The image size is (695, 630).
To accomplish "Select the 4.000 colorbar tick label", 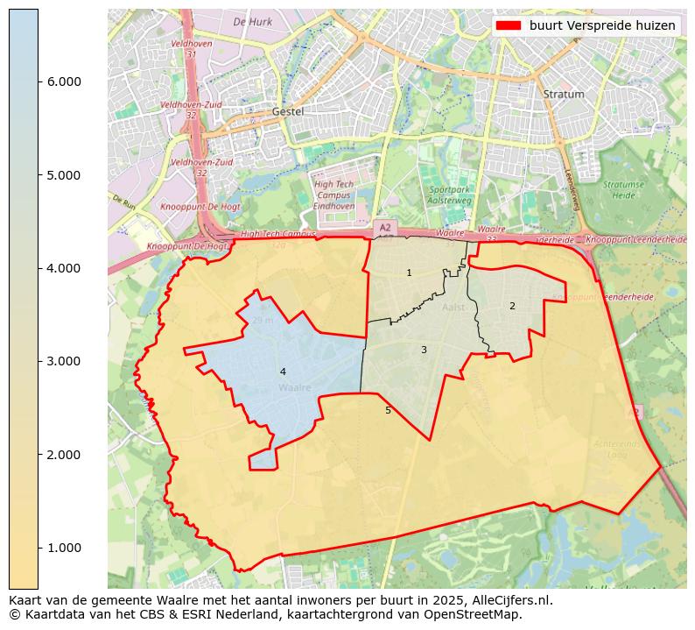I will pos(63,268).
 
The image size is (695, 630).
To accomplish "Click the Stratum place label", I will pos(563,94).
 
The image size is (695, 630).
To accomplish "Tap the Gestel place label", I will pos(288,111).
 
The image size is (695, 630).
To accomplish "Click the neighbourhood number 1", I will pos(409,273).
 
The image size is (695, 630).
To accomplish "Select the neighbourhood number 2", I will pos(512,306).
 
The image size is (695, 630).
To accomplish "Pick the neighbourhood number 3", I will pos(424,350).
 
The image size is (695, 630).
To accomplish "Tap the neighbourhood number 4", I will pos(283,372).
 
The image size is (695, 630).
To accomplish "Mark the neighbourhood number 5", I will pos(388,410).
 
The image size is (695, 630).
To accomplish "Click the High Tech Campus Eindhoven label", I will pos(333,194).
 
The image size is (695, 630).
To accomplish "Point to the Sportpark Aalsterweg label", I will pos(450,195).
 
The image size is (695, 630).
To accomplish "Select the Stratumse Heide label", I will pos(622,189).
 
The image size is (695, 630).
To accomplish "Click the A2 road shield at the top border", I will pos(384,227).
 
